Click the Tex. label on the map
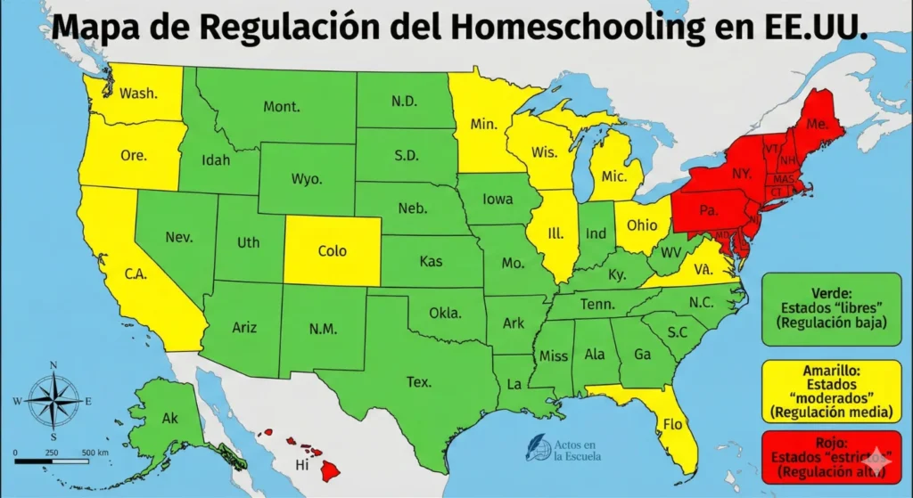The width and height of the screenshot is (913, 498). point(419,382)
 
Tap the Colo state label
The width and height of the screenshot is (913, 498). point(332,251)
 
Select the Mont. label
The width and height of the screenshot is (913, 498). point(281,107)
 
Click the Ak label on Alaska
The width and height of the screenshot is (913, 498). point(170,418)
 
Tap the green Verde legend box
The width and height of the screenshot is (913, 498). point(831,308)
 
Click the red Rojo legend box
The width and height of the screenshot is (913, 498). point(831,456)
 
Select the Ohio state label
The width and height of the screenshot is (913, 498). point(642,225)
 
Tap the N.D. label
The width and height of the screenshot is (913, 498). point(404,102)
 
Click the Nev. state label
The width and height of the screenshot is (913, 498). point(179,237)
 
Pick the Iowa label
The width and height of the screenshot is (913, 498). point(498,199)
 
